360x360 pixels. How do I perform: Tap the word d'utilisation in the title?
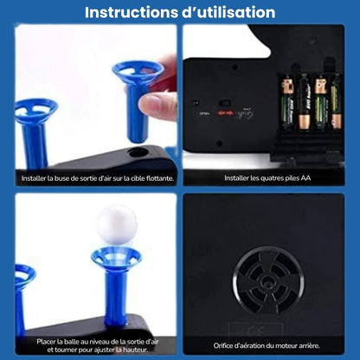click(x=228, y=12)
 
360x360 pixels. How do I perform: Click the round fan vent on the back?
click(x=268, y=280)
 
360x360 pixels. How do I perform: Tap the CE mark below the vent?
click(x=256, y=331)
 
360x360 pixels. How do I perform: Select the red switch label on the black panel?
click(x=226, y=113)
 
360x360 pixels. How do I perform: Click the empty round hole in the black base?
click(x=138, y=152)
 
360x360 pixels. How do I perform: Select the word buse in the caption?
click(x=62, y=178)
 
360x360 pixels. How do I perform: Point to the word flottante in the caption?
click(x=160, y=178)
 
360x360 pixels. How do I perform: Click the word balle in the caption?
click(x=71, y=342)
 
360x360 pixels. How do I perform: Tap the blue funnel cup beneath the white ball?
click(x=117, y=257)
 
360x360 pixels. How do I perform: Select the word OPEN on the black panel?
click(x=204, y=113)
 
